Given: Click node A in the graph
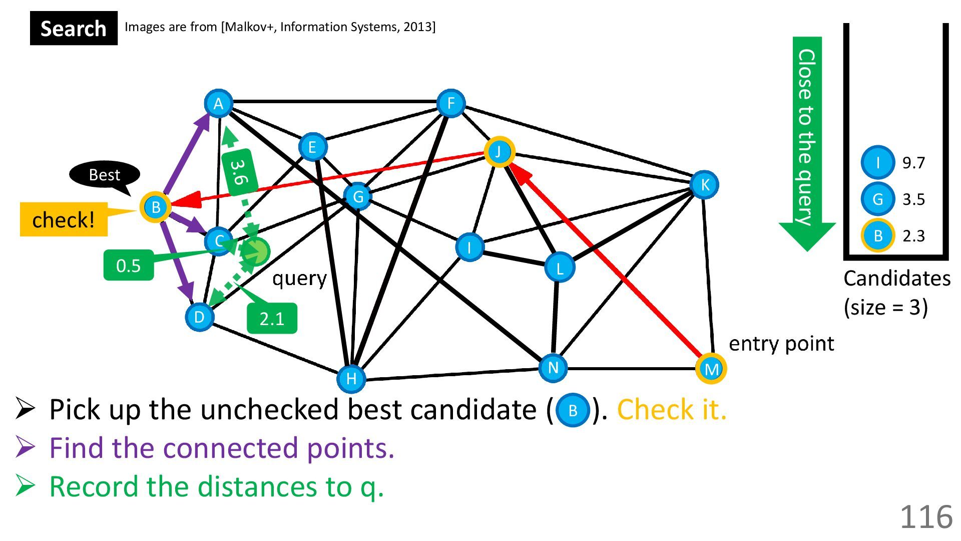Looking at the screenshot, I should (218, 104).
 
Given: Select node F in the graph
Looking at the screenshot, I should (450, 104).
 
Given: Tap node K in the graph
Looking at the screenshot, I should (704, 185).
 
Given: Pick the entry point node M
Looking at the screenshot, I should (711, 369).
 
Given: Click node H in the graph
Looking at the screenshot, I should (351, 379).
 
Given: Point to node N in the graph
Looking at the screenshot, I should (553, 368).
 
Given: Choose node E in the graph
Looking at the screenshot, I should (312, 147).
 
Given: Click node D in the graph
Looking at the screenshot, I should (199, 317).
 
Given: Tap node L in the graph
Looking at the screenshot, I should (559, 268).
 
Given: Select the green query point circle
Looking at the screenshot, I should (255, 251).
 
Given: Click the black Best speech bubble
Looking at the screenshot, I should (104, 175).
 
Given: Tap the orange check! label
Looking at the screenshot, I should (64, 219).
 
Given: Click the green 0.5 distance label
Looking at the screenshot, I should (128, 265).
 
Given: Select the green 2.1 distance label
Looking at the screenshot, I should (272, 319).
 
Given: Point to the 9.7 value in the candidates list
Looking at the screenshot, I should (913, 163).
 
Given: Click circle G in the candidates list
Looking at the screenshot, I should (877, 199).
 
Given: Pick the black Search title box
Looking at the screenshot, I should (74, 29).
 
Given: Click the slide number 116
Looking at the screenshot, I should (926, 516).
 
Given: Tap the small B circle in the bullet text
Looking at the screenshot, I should (573, 411).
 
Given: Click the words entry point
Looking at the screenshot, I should (781, 344).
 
